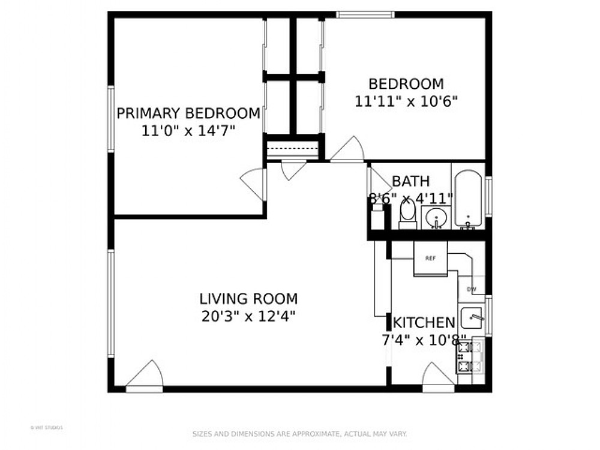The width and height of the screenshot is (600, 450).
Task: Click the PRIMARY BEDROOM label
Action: [x=188, y=113]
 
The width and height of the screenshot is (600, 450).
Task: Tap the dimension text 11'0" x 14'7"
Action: [x=188, y=131]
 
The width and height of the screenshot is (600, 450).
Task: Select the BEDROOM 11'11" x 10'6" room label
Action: [x=406, y=92]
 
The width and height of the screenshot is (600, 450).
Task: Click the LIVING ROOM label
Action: [x=248, y=298]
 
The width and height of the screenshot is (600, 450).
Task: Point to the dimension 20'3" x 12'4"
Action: [x=248, y=316]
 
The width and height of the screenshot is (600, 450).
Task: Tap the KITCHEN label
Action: [x=424, y=323]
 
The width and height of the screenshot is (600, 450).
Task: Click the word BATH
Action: [x=411, y=181]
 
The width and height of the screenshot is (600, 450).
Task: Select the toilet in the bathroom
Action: [x=408, y=214]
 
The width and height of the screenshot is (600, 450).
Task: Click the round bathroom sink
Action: [x=436, y=217]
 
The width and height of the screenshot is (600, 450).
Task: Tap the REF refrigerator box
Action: [x=430, y=259]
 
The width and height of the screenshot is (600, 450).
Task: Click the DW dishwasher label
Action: [x=472, y=290]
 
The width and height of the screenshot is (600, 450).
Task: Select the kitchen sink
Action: [x=473, y=316]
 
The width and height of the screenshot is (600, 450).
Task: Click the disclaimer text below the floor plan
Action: [x=299, y=433]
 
